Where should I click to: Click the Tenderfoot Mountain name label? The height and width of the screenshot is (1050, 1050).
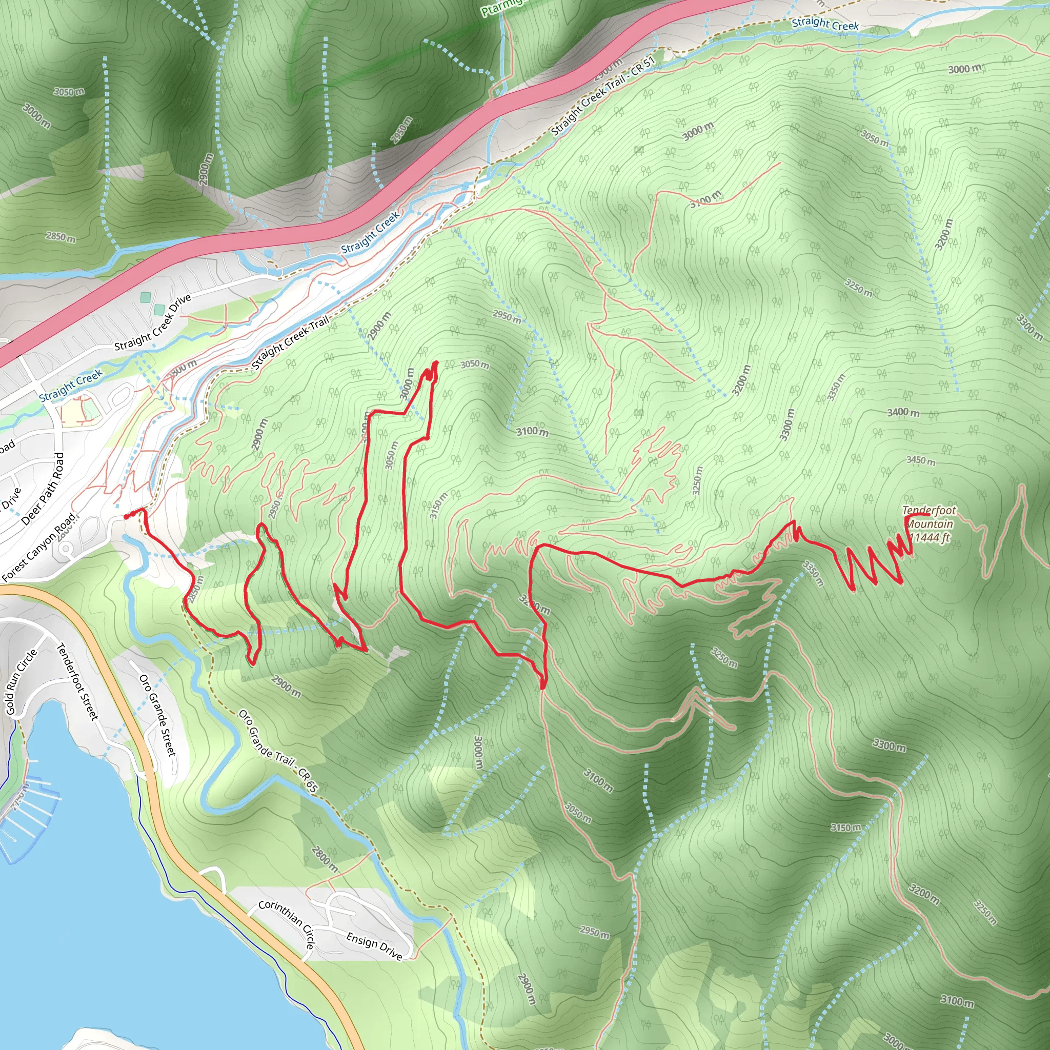929,517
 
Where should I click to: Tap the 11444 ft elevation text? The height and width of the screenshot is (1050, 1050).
930,538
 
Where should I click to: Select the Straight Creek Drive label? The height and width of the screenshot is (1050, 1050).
153,322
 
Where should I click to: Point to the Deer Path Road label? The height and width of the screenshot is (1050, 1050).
43,489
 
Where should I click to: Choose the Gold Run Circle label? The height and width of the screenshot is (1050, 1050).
21,681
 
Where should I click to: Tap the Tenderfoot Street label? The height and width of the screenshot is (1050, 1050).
78,682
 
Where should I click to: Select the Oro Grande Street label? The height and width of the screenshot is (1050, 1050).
157,715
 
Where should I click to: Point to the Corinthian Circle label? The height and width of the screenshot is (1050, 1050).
287,922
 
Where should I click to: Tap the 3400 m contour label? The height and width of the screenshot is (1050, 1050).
903,413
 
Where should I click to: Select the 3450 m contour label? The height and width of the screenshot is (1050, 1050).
921,461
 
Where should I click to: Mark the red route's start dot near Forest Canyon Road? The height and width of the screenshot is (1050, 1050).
127,517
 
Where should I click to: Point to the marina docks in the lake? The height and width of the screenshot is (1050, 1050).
27,810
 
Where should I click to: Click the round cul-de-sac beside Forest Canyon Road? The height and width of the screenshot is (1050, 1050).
66,549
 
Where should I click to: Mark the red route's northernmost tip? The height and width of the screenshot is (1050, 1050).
436,362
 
